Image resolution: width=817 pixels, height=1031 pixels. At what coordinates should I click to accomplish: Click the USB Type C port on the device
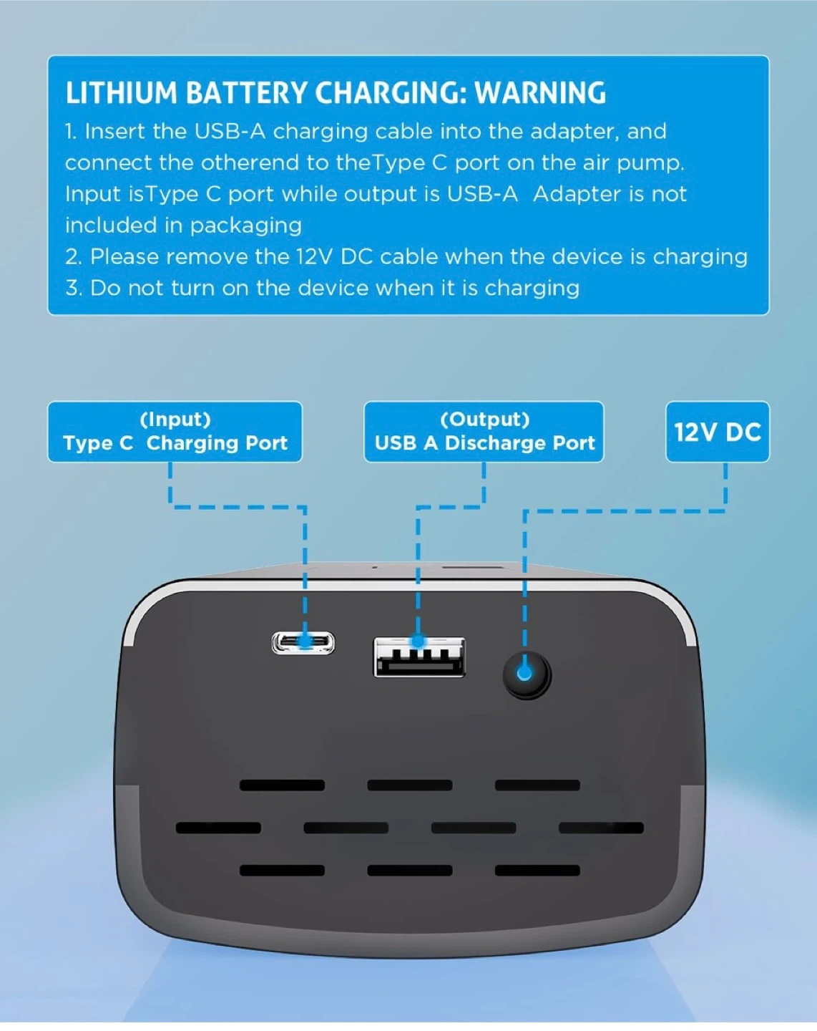coord(303,642)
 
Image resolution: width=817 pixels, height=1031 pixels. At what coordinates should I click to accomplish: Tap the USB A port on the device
coord(419,657)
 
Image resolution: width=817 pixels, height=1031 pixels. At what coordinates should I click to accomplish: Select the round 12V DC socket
coord(527,675)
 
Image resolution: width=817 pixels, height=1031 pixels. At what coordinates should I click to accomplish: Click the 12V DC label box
coord(717,432)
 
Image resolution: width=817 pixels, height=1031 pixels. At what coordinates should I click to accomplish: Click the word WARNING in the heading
coord(540,93)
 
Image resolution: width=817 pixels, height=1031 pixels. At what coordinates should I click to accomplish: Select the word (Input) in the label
coord(175,420)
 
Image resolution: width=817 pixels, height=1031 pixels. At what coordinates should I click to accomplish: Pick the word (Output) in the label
coord(484,420)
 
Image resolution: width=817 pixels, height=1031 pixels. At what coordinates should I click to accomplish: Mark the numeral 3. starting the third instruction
coord(74,289)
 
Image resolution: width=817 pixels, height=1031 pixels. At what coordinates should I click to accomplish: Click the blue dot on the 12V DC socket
coord(524,673)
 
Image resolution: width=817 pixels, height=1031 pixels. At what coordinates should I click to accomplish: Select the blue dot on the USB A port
coord(418,641)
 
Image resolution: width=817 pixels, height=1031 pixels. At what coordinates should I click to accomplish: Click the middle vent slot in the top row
coord(409,785)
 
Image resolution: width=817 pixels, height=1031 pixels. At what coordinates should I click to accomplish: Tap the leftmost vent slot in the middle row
coord(218,828)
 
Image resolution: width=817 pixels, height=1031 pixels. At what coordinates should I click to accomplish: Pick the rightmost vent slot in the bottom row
coord(537,871)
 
